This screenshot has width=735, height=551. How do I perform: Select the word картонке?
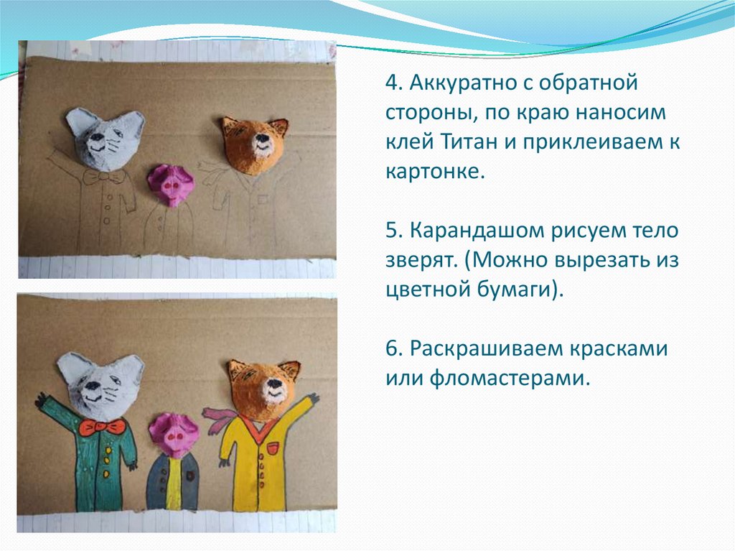(x=434, y=171)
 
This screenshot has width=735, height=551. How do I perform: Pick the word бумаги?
(x=520, y=290)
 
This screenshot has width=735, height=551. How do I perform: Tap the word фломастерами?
(x=509, y=379)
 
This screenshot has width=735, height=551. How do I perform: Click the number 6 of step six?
(x=393, y=348)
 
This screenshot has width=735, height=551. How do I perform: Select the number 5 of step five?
(x=393, y=231)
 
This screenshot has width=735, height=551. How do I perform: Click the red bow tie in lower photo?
(x=102, y=427)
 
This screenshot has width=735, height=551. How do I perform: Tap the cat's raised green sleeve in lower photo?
(x=53, y=408)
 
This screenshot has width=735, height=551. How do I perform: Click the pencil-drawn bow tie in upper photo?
(x=104, y=177)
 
